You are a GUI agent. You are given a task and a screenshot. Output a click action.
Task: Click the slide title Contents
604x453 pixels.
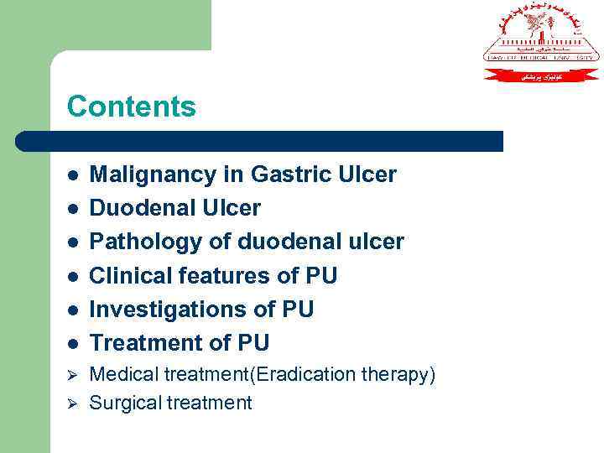(131, 107)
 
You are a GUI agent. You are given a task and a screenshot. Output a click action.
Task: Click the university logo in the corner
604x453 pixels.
(541, 42)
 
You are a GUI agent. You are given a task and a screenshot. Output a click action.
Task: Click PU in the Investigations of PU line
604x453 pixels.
(297, 309)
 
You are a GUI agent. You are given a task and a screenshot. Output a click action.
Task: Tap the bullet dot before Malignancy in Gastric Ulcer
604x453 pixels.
(74, 175)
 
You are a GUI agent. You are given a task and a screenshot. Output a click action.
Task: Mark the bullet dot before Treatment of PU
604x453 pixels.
(74, 343)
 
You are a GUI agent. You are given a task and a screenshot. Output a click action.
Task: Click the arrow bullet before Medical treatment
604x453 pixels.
(73, 375)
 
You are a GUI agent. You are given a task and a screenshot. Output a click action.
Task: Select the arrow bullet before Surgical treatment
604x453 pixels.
(73, 403)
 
